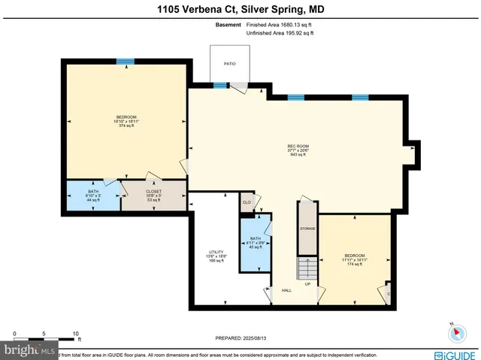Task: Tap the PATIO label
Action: (x=229, y=64)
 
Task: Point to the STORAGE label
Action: (x=307, y=228)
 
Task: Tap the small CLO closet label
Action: (x=246, y=202)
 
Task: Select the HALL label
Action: (x=286, y=290)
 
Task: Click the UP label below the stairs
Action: (x=307, y=285)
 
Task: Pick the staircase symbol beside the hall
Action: (x=307, y=268)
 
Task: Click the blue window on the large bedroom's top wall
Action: (x=126, y=62)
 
